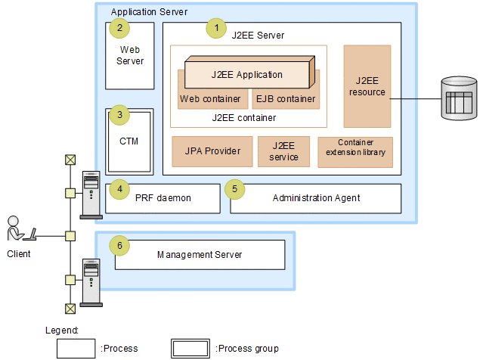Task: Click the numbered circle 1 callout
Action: coord(217,28)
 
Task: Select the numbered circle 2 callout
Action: coord(118,29)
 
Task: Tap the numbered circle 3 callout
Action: coord(118,115)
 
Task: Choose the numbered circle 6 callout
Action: coord(118,246)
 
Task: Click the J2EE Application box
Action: coord(246,74)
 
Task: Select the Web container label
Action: coord(210,99)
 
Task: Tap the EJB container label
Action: coord(285,99)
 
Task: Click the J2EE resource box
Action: coord(367,85)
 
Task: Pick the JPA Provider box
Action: coord(212,151)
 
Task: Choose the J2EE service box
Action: coord(283,151)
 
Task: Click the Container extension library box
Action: coord(355,151)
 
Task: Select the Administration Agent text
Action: coord(315,198)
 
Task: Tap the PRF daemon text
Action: coord(163,198)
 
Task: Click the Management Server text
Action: coord(200,255)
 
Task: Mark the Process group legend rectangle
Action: coord(190,348)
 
